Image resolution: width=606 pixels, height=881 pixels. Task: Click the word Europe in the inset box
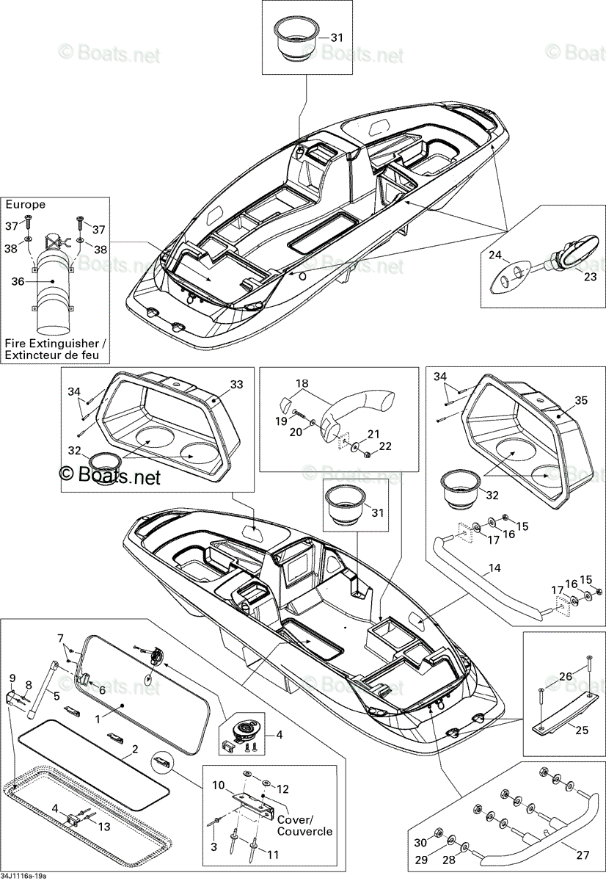pos(26,205)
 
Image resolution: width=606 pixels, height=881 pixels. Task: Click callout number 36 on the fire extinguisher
pos(18,282)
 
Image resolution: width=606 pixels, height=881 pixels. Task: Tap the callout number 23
pos(590,277)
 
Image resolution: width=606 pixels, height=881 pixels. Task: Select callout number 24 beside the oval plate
pos(495,255)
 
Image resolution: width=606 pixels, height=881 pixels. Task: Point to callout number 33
pos(236,384)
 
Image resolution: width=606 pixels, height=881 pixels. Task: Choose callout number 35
pos(581,400)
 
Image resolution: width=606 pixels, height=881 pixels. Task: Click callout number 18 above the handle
pos(302,383)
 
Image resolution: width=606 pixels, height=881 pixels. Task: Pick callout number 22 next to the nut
pos(385,446)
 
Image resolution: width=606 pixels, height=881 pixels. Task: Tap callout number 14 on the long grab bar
pos(494,568)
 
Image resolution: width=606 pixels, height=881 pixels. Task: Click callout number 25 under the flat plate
pos(582,730)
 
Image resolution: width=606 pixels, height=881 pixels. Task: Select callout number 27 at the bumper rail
pos(583,855)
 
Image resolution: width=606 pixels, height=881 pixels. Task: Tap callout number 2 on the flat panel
pos(135,749)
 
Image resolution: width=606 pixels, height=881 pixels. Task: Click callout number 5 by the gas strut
pos(56,696)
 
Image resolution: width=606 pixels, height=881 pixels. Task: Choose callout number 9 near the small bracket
pos(12,678)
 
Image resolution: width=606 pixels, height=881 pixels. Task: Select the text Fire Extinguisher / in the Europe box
pos(56,344)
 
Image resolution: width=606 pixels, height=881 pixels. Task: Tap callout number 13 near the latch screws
pos(103,827)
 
